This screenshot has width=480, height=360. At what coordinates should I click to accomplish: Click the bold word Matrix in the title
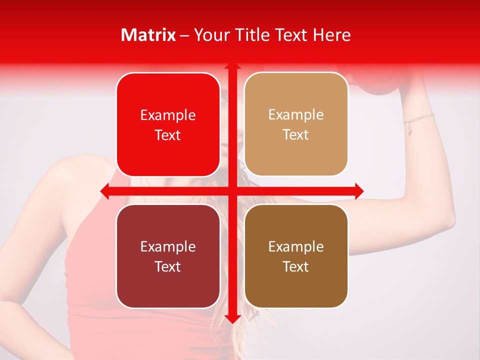pos(148,35)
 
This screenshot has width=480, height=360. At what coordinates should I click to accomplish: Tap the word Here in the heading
pos(331,35)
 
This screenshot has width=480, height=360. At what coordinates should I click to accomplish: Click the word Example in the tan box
pos(296,115)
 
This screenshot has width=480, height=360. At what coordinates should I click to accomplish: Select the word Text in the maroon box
pos(167,266)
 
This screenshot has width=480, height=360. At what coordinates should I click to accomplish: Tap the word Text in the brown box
pos(296,266)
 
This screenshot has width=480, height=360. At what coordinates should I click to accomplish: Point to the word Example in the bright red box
pos(168,115)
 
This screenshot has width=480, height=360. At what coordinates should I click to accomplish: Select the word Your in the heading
pos(210,35)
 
